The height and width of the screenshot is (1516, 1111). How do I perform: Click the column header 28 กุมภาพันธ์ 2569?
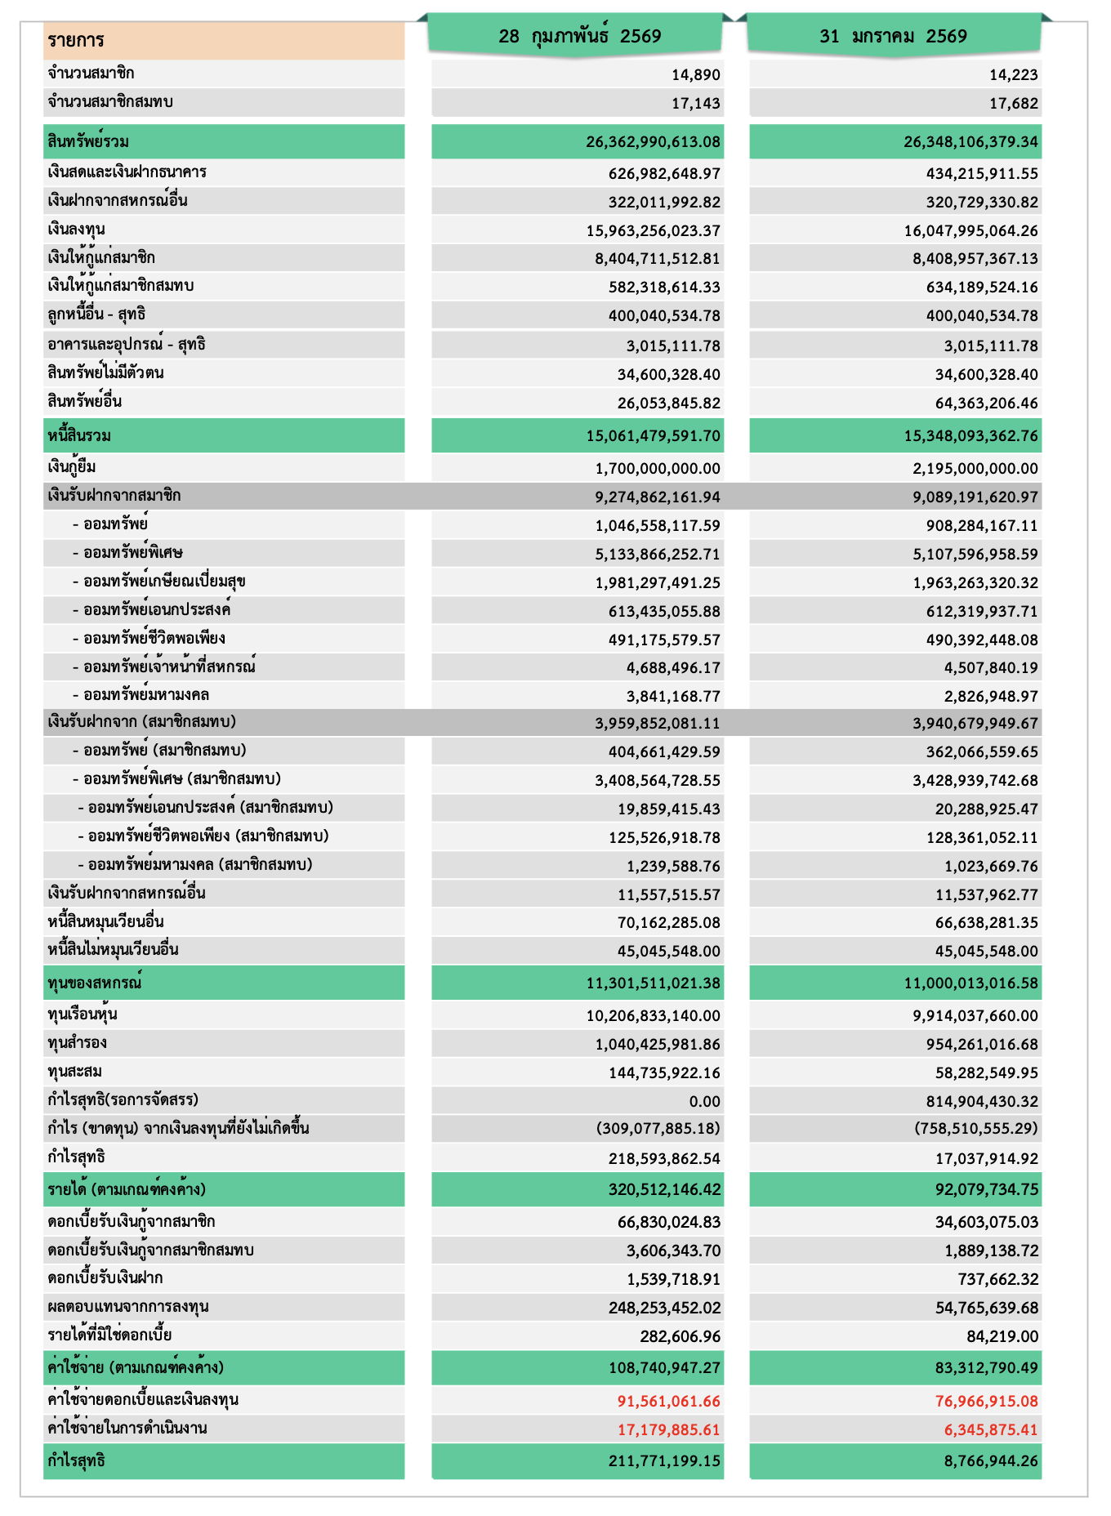[579, 37]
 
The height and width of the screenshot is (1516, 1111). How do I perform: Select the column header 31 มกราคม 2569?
[893, 37]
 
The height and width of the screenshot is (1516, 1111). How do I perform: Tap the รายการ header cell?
[76, 41]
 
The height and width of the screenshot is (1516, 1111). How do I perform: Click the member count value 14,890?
[696, 75]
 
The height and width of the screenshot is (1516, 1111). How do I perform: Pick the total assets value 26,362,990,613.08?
[653, 142]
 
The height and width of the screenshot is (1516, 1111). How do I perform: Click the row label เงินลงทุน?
[77, 230]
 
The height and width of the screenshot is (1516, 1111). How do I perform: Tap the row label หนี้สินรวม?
[79, 436]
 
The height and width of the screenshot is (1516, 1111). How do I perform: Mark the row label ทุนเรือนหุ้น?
[83, 1015]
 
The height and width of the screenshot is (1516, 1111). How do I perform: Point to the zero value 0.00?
[704, 1102]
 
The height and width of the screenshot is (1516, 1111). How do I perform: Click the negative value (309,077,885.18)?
[658, 1129]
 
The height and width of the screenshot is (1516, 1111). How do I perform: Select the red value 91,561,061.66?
[669, 1402]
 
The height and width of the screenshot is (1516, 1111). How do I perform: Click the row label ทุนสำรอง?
[78, 1043]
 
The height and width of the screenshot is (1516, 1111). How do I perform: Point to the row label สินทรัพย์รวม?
[88, 142]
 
